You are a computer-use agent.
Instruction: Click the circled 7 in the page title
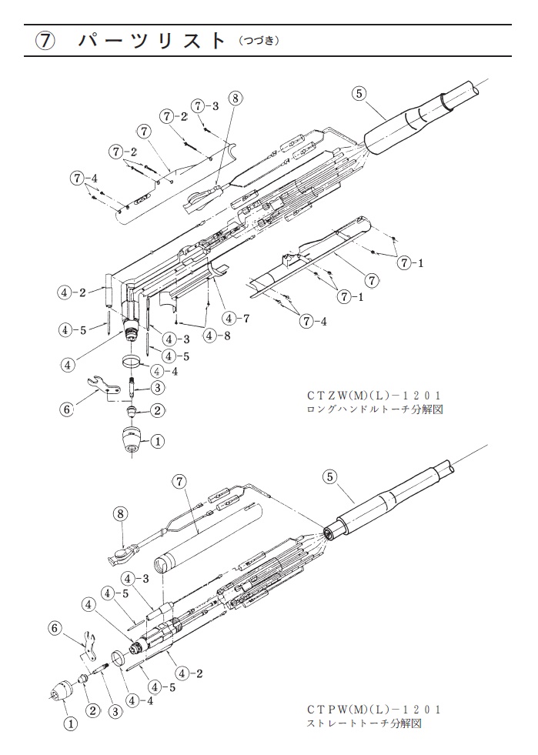point(44,41)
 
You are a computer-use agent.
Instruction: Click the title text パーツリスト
point(151,41)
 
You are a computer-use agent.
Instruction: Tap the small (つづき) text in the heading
point(259,42)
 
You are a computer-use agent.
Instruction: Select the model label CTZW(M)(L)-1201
point(374,396)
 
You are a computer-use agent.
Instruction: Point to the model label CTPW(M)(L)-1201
point(374,710)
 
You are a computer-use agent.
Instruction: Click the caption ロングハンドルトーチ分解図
point(375,410)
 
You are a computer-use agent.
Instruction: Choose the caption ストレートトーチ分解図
point(364,723)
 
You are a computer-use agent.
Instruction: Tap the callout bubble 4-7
point(236,319)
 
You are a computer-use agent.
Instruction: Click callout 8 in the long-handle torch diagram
point(235,99)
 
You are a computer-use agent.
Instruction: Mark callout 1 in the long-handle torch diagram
point(158,440)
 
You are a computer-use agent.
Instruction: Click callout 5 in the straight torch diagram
point(329,476)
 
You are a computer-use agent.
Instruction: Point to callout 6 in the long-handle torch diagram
point(66,409)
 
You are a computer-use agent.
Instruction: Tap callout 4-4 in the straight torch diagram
point(140,700)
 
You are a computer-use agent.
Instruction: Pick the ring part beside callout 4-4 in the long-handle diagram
point(131,362)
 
